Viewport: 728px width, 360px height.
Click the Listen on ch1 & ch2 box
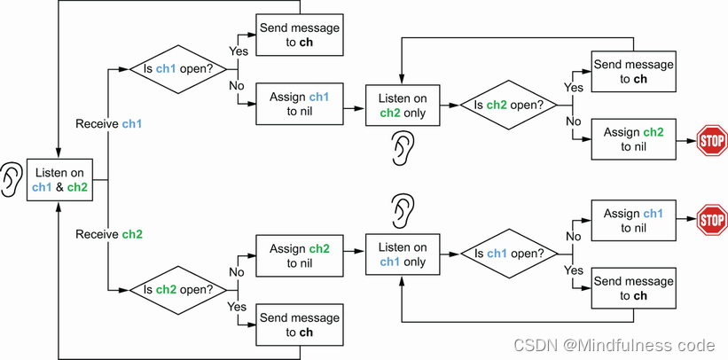[x=59, y=180]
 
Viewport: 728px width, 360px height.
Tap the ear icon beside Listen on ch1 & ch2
[x=11, y=179]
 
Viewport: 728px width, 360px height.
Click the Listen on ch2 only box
[x=402, y=106]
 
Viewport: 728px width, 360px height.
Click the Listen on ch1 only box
[x=402, y=254]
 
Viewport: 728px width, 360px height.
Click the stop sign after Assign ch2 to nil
[x=711, y=140]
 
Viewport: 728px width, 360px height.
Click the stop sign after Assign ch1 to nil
[x=711, y=219]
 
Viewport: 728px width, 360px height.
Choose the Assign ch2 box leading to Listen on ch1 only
[x=299, y=255]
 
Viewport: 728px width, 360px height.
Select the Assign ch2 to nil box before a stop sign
[x=633, y=139]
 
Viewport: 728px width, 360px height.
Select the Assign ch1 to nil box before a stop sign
[x=633, y=221]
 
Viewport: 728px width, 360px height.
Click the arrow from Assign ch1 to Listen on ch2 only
[x=354, y=106]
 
